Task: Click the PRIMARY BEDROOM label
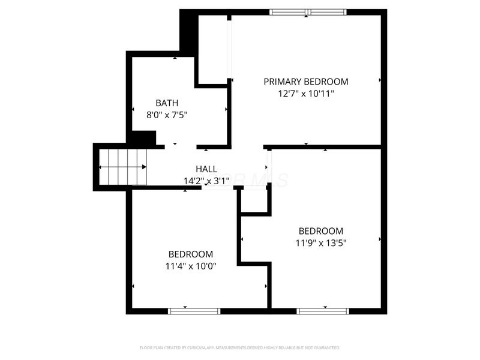(x=306, y=82)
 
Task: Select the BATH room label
(x=166, y=103)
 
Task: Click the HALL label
(x=206, y=169)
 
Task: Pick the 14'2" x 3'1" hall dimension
(x=206, y=180)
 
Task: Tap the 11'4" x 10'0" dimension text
(x=190, y=266)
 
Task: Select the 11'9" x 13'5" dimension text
(x=320, y=242)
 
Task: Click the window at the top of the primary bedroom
(x=308, y=12)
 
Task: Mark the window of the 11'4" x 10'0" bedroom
(x=194, y=311)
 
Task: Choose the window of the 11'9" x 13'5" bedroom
(x=323, y=311)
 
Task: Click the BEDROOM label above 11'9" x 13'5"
(x=320, y=231)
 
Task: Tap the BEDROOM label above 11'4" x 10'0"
(x=190, y=254)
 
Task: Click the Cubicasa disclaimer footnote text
(x=240, y=347)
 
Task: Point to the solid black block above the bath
(x=188, y=33)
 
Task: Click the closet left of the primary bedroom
(x=212, y=49)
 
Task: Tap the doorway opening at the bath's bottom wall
(x=180, y=146)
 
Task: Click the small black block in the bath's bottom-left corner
(x=143, y=138)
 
